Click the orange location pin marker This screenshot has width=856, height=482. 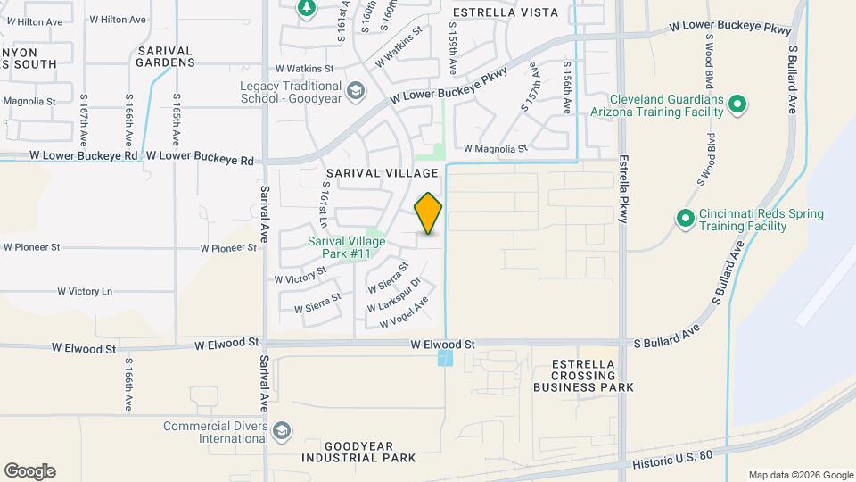428,213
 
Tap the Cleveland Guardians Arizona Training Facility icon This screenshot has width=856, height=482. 737,105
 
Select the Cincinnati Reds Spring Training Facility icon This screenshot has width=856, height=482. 685,219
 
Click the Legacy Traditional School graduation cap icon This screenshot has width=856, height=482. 355,91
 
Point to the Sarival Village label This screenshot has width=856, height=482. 382,173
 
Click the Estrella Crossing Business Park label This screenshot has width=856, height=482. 583,376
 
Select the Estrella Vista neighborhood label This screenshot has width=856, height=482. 505,12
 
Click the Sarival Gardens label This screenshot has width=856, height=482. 166,56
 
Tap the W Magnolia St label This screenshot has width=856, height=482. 496,149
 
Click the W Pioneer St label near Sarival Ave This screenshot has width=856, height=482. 228,248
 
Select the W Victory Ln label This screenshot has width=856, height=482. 85,291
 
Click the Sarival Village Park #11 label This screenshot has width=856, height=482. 340,247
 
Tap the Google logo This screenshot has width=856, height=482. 29,471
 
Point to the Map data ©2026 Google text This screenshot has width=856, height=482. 799,475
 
